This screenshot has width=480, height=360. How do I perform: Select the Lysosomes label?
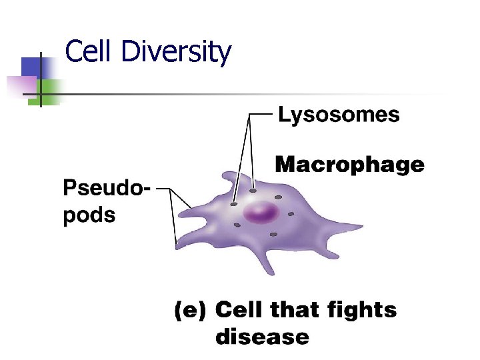tap(339, 115)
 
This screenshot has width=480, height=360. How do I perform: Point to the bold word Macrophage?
tap(349, 165)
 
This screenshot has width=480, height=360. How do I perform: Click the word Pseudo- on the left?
tap(107, 189)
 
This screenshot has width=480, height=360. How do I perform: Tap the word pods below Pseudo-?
tap(89, 215)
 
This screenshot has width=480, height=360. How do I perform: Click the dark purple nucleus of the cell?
tap(261, 214)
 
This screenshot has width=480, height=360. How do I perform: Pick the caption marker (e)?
tap(191, 310)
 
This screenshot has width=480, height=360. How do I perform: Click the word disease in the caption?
tap(262, 337)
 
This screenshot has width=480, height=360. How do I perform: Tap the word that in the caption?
tap(295, 310)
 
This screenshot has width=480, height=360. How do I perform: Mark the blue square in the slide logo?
tap(31, 67)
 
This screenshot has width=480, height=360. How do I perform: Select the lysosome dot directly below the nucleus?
tap(272, 235)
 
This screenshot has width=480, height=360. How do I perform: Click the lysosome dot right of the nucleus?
tap(291, 214)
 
